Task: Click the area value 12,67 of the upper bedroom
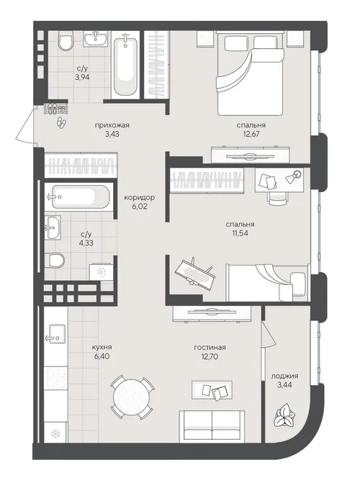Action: [x=251, y=134]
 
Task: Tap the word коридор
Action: [x=139, y=197]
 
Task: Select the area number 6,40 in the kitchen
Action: [x=102, y=356]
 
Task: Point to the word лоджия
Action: [x=284, y=376]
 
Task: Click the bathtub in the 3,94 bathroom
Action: [x=125, y=65]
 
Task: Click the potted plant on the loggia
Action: [x=284, y=415]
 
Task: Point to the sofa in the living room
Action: [x=212, y=425]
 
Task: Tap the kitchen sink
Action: [x=55, y=334]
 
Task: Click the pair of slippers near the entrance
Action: [x=61, y=122]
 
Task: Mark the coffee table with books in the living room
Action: [x=212, y=389]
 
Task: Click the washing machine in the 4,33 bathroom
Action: [x=101, y=273]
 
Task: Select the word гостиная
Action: [x=210, y=348]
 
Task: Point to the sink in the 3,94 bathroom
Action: [x=96, y=39]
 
